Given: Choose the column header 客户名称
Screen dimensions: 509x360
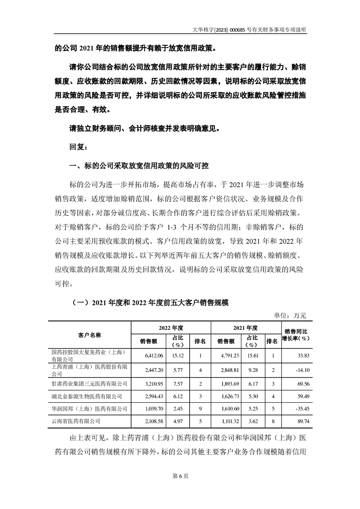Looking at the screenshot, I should [89, 334].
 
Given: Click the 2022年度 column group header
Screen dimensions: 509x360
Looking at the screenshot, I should [170, 327].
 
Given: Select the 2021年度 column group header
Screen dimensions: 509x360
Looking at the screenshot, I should [246, 327].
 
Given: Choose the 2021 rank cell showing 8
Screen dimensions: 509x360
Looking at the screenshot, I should [272, 421].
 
